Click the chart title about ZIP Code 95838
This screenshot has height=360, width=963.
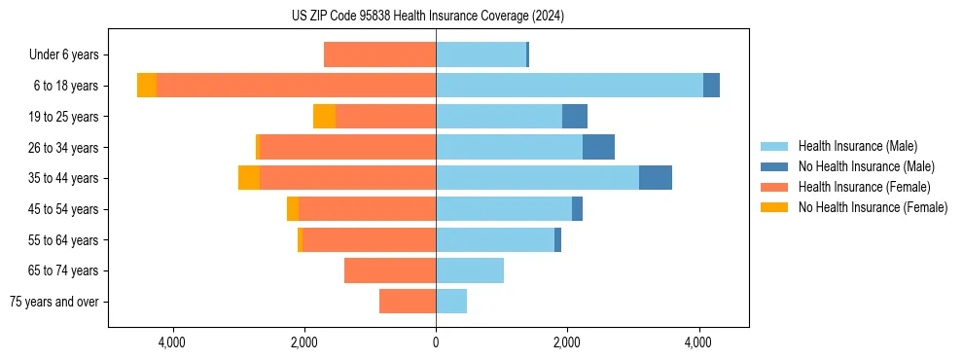coord(427,17)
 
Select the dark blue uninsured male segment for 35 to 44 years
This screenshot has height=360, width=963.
coord(655,178)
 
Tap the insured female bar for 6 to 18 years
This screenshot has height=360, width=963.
coord(296,86)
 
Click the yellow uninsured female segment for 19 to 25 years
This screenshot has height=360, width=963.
coord(324,117)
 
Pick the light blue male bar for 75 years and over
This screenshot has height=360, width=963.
coord(451,302)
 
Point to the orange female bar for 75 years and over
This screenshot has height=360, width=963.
coord(408,302)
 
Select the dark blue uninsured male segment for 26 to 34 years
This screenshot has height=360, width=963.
coord(598,148)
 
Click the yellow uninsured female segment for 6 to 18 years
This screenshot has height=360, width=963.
coord(147,86)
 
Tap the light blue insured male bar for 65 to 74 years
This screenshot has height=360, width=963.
coord(470,270)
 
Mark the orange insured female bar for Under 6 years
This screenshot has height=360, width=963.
coord(379,55)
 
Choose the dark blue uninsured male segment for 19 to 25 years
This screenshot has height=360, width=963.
coord(575,117)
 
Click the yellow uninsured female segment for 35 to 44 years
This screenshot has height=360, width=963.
coord(249,178)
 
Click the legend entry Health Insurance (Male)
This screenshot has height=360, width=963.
coord(857,146)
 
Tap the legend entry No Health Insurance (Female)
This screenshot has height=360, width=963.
coord(872,207)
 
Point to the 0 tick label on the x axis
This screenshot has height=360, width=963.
coord(436,342)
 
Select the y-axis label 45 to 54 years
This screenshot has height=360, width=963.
coord(65,209)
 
